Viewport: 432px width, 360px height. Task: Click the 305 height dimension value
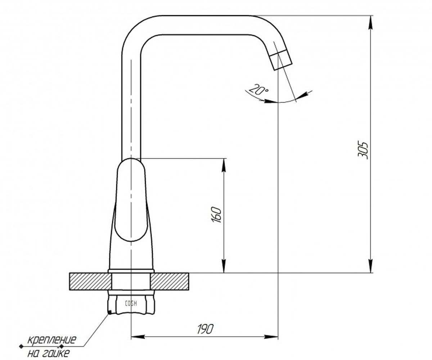[x=363, y=150]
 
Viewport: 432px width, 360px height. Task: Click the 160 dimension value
[x=217, y=215]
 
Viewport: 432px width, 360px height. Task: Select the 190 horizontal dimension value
[x=205, y=329]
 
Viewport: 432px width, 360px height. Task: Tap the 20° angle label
[x=258, y=90]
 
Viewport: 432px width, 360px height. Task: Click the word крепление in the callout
[x=52, y=339]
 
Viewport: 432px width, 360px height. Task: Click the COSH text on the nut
[x=131, y=303]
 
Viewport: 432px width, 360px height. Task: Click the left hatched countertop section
[x=90, y=282]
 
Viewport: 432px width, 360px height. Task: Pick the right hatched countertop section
[x=170, y=282]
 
